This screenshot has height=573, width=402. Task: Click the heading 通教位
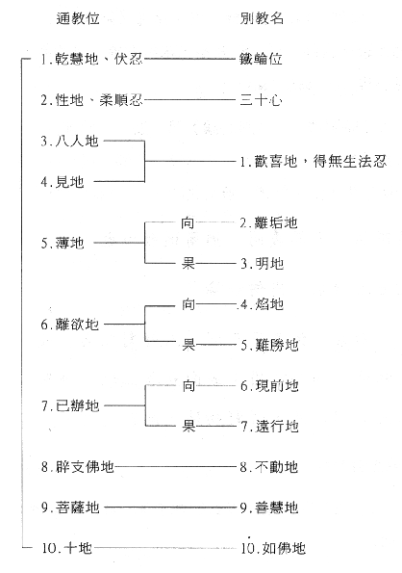tap(78, 18)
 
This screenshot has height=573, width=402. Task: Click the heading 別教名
tap(262, 18)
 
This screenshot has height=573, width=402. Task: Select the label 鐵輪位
tap(261, 59)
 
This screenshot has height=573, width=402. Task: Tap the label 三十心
tap(261, 100)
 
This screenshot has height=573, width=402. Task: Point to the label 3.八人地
tap(69, 141)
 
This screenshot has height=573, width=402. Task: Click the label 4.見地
tap(63, 182)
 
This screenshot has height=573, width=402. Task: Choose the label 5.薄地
tap(63, 243)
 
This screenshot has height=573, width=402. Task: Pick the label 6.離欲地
tap(70, 325)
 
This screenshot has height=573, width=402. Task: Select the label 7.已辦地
tap(70, 405)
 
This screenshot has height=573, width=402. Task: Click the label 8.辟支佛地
tap(78, 467)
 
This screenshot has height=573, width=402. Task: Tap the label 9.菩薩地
tap(70, 508)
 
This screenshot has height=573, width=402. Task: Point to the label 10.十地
tap(66, 548)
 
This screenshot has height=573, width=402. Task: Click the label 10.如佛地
tap(273, 548)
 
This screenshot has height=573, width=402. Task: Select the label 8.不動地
tap(269, 467)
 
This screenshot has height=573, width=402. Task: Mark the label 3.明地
tap(262, 263)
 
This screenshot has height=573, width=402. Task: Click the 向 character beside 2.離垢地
tap(188, 222)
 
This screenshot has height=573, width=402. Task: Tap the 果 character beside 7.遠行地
tap(188, 426)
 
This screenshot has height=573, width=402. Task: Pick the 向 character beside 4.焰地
tap(188, 303)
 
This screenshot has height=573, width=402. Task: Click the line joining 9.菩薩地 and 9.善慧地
tap(171, 507)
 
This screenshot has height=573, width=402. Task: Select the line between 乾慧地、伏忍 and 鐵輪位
tap(189, 59)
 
